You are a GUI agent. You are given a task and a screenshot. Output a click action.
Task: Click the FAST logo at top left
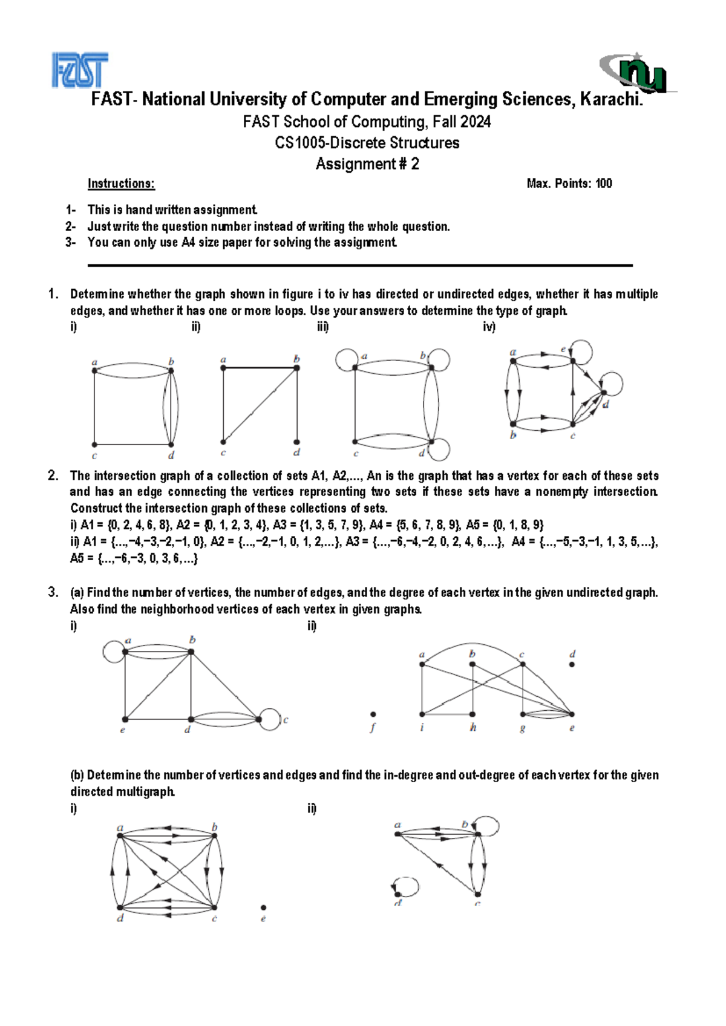point(80,70)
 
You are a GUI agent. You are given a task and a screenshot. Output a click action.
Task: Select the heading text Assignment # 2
point(367,164)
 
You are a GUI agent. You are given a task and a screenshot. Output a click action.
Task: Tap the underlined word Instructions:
point(121,183)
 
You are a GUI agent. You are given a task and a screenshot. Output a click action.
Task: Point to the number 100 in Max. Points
point(603,183)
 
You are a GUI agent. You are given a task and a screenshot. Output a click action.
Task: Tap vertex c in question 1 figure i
point(94,445)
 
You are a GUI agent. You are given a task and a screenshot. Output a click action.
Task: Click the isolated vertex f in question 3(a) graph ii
point(373,714)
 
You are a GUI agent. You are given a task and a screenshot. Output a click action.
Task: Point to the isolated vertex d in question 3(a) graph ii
point(572,664)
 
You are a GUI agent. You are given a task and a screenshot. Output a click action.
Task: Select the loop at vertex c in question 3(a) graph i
point(270,719)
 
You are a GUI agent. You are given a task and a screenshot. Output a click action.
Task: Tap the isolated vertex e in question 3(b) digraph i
point(263,907)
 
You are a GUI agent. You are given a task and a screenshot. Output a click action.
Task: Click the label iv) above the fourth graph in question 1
point(489,327)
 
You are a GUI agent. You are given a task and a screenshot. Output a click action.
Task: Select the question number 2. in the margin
point(53,475)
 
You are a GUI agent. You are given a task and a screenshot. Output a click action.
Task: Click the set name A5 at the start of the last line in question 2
point(77,558)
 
